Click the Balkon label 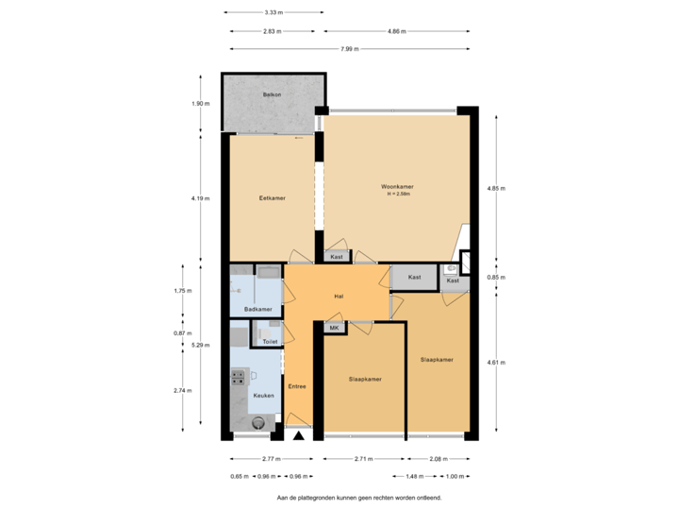[x=273, y=94]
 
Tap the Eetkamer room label [x=273, y=198]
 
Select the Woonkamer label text [x=397, y=187]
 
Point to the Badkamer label [x=257, y=309]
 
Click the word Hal [x=338, y=297]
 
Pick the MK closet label [x=334, y=327]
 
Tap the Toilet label [x=270, y=341]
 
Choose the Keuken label [x=263, y=395]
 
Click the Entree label [x=297, y=386]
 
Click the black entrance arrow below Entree [x=298, y=435]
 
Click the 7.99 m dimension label [x=350, y=49]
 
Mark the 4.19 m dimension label [x=199, y=198]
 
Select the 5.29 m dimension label [x=199, y=345]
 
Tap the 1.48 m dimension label [x=414, y=476]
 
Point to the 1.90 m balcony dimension [x=199, y=103]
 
